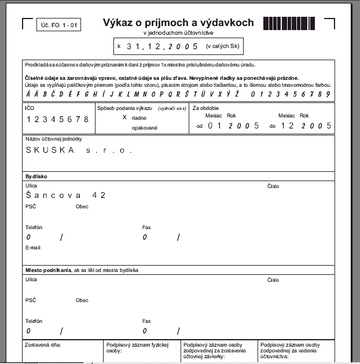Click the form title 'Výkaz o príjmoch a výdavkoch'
coord(178,23)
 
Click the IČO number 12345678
coord(58,119)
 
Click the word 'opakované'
coord(145,127)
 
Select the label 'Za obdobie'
coord(205,108)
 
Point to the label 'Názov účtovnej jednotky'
coord(54,139)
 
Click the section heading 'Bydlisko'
coord(36,176)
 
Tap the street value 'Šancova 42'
coord(66,196)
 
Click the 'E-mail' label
coord(33,247)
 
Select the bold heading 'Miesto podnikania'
coord(47,270)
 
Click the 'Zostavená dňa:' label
coord(43,344)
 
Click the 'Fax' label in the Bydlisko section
coord(146,227)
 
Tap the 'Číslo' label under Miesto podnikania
coord(273,280)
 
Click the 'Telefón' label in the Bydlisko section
coord(34,227)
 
